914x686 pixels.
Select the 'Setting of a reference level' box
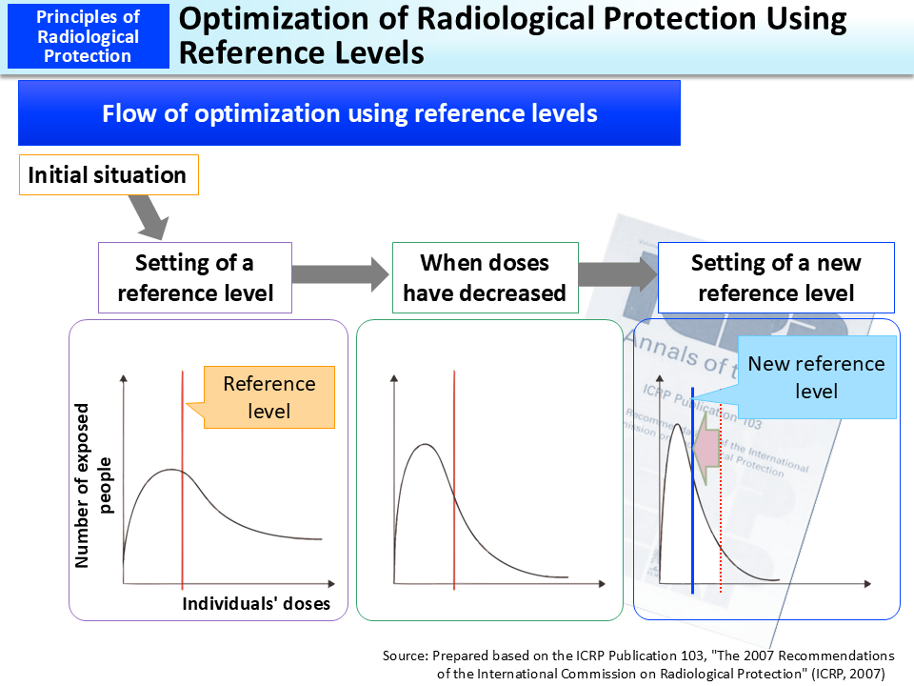tap(195, 277)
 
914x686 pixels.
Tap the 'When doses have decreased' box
tap(485, 277)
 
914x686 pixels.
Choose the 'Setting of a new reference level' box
tap(776, 277)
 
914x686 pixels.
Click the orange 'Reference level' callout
tap(268, 396)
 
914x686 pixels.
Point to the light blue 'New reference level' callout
tap(816, 377)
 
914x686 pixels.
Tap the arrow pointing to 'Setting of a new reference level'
tap(619, 275)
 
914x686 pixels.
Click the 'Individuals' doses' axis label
tap(256, 604)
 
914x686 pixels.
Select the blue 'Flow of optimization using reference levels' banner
tap(349, 113)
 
